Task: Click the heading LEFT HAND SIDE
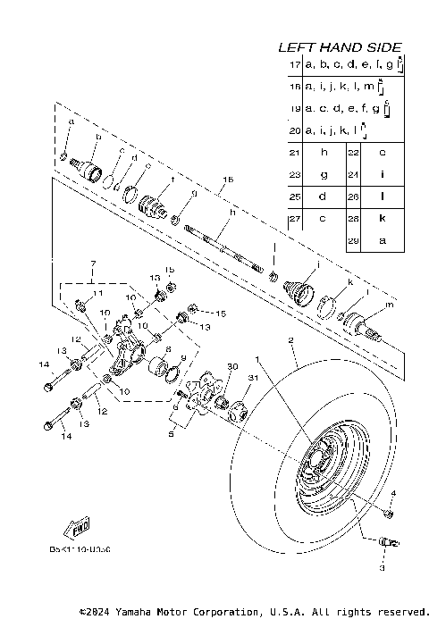click(339, 47)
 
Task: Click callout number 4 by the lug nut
click(391, 494)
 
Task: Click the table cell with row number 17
click(295, 66)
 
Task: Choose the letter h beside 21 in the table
click(324, 152)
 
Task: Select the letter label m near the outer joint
click(387, 306)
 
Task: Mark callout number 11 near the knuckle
click(98, 294)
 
